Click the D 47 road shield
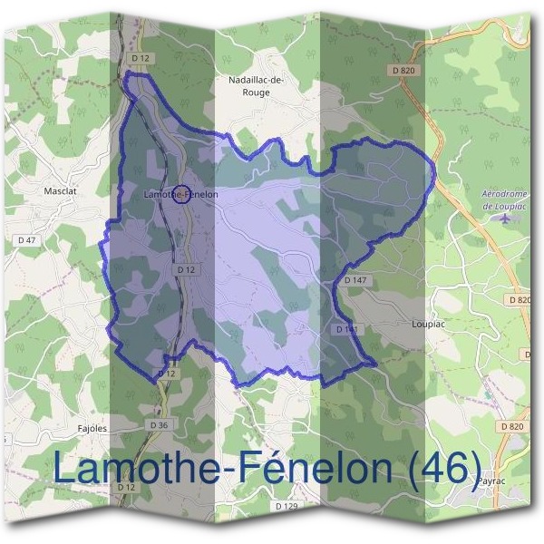pos(27,239)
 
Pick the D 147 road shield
pos(355,281)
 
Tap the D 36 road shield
pos(157,424)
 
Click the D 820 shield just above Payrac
pos(511,426)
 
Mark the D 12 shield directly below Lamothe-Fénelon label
pos(185,269)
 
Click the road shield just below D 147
pos(345,330)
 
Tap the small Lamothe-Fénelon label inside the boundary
pos(181,194)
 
